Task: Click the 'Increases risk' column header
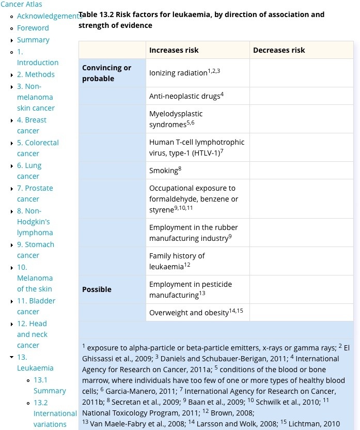(174, 50)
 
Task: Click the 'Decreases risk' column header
(279, 50)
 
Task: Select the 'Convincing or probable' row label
(107, 73)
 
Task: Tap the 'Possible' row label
(97, 289)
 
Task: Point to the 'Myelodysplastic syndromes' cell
(176, 119)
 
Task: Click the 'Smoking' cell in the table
(164, 171)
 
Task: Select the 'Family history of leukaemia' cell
(177, 261)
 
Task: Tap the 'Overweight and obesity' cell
(189, 313)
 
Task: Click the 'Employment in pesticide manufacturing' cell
(190, 289)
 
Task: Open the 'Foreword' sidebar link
(33, 28)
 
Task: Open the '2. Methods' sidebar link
(36, 74)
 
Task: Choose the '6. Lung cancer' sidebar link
(29, 171)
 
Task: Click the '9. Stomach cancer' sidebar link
(35, 250)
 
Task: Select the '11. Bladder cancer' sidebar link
(36, 306)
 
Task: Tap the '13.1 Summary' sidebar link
(50, 385)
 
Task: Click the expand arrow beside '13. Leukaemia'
(11, 357)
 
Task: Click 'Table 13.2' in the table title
(96, 14)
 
